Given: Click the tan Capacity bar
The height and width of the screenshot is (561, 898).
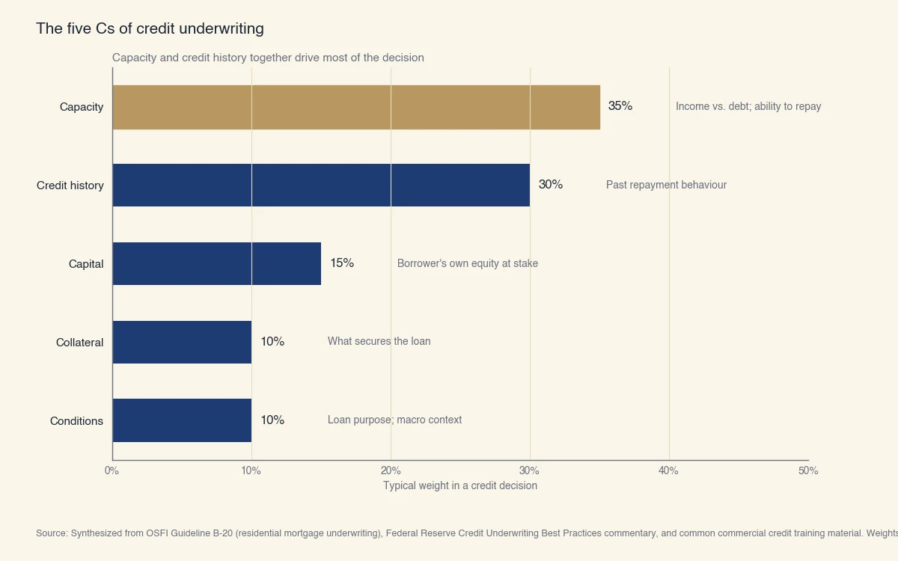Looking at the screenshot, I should pyautogui.click(x=356, y=107).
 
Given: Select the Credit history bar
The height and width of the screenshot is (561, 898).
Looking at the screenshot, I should pyautogui.click(x=321, y=186).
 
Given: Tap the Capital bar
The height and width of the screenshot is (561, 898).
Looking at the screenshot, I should pyautogui.click(x=217, y=263).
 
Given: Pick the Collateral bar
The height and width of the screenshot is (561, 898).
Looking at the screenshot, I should pyautogui.click(x=182, y=342).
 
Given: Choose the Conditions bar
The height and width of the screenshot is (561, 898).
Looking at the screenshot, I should pyautogui.click(x=182, y=420).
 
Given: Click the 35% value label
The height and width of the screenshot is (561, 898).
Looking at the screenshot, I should pyautogui.click(x=620, y=106).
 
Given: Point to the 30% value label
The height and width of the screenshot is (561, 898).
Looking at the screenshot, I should pyautogui.click(x=551, y=185).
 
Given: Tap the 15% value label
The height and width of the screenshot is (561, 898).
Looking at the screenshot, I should pyautogui.click(x=342, y=263).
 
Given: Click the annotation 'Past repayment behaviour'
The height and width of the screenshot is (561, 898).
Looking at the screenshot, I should pyautogui.click(x=666, y=185).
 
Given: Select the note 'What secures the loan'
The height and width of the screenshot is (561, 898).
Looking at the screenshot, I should pyautogui.click(x=379, y=341).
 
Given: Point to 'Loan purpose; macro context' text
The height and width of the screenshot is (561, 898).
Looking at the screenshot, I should pyautogui.click(x=394, y=420).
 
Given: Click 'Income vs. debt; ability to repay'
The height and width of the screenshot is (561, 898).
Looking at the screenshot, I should pyautogui.click(x=748, y=106).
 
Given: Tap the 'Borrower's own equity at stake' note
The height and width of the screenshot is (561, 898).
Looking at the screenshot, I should pyautogui.click(x=467, y=263).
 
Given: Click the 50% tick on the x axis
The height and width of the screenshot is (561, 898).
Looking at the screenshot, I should pyautogui.click(x=808, y=470).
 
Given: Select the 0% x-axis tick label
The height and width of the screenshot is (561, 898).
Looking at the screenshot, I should pyautogui.click(x=112, y=470).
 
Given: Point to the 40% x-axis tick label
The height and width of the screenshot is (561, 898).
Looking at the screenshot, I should pyautogui.click(x=668, y=470).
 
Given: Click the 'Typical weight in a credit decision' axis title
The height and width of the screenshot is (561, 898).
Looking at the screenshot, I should pyautogui.click(x=460, y=485).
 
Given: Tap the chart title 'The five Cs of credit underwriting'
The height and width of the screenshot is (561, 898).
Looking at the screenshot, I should pyautogui.click(x=150, y=28).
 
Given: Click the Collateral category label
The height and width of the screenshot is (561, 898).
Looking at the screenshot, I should pyautogui.click(x=79, y=343).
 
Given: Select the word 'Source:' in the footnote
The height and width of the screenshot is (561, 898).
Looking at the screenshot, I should pyautogui.click(x=52, y=533).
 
